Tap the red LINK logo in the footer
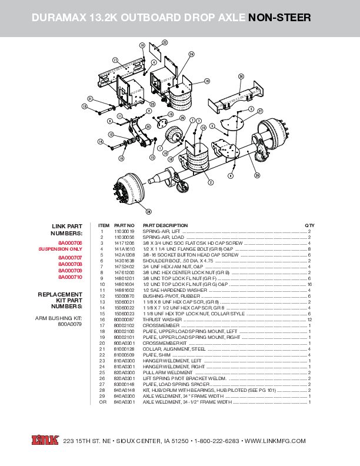click(45, 441)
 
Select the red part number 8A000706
click(70, 243)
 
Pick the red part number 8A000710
click(70, 277)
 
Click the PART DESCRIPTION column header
click(165, 225)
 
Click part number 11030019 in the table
click(124, 231)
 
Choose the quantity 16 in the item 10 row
click(309, 284)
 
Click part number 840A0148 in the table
click(124, 390)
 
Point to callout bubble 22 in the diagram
click(165, 42)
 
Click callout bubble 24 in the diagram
click(191, 54)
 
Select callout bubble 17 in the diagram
click(115, 60)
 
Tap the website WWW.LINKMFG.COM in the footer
click(275, 441)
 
